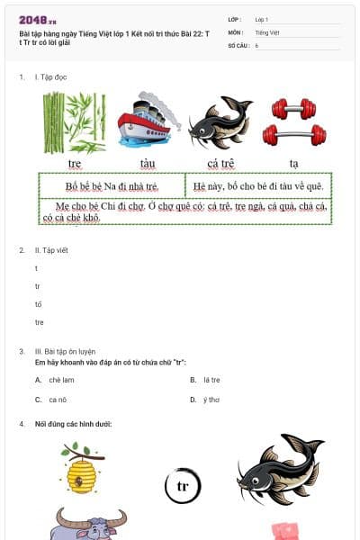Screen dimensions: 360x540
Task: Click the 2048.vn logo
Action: click(x=38, y=19)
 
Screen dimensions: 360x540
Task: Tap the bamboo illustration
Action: click(x=75, y=122)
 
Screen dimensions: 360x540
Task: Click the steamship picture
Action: click(x=148, y=120)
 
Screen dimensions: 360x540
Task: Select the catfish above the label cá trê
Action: click(x=220, y=122)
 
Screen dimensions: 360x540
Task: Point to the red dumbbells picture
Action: click(x=293, y=122)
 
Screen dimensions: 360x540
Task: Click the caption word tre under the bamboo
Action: click(x=75, y=163)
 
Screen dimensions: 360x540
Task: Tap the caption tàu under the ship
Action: click(x=148, y=163)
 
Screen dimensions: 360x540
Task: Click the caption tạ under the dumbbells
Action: click(x=293, y=163)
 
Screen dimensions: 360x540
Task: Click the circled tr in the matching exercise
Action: click(x=183, y=486)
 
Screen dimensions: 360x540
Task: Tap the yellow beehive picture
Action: click(x=81, y=469)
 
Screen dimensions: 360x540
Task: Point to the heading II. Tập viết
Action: click(x=51, y=249)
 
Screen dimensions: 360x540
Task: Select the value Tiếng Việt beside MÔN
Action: click(x=267, y=31)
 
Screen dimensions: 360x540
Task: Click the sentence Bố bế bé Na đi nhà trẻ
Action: click(x=112, y=186)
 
